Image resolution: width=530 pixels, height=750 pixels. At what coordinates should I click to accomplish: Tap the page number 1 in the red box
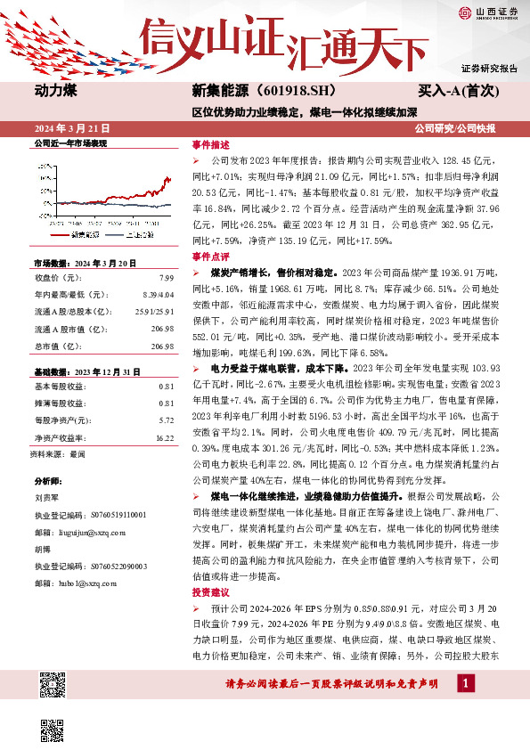463,682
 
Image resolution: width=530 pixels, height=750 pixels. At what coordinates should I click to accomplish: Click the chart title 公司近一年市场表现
70,143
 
